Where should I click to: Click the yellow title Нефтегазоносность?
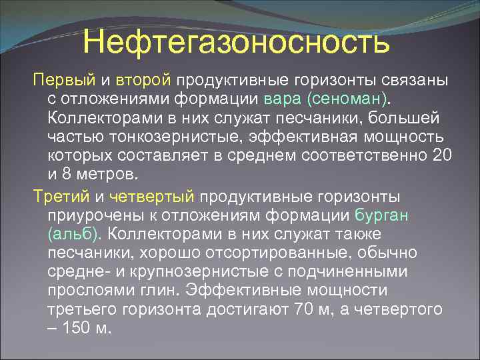pyautogui.click(x=236, y=43)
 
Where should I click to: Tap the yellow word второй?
pyautogui.click(x=143, y=81)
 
